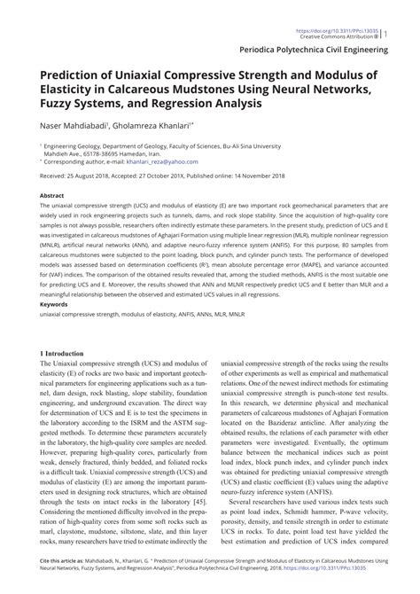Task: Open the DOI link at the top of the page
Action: point(348,6)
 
